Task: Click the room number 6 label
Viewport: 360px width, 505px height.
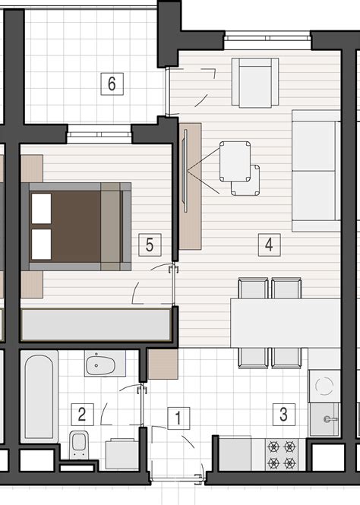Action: (x=112, y=84)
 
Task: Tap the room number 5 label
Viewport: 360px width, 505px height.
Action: (x=150, y=245)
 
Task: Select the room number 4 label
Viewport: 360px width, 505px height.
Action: (x=269, y=245)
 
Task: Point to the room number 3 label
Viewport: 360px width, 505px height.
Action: (x=284, y=414)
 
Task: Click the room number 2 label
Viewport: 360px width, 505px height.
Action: (x=82, y=414)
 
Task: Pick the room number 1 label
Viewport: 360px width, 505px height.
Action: (x=178, y=418)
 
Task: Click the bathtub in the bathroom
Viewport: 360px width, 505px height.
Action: (x=39, y=396)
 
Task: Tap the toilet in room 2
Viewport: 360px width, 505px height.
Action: (x=79, y=445)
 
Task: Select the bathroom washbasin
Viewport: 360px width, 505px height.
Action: (x=105, y=364)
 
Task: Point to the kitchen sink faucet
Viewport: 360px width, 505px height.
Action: (x=330, y=419)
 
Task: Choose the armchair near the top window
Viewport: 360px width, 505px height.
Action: (x=255, y=83)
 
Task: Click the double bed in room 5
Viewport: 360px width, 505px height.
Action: (x=76, y=226)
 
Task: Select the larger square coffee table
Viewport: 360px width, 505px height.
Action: (x=235, y=161)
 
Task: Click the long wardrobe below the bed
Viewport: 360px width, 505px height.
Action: (x=96, y=325)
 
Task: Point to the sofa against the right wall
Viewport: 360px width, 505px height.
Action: (x=316, y=171)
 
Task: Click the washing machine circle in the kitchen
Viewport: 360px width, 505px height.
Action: (x=324, y=386)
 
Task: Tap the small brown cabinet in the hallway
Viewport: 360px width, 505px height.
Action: (x=163, y=364)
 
